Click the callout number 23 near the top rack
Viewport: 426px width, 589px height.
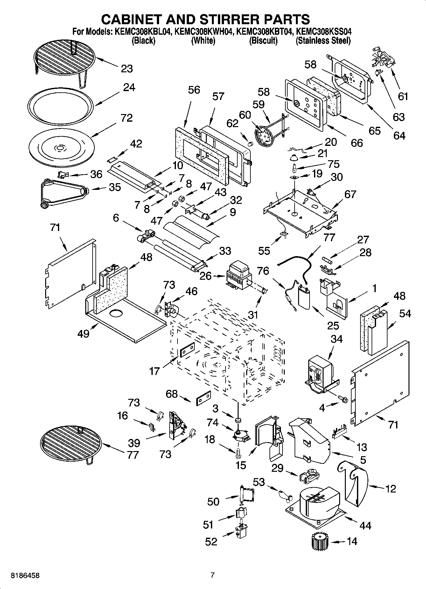coord(127,68)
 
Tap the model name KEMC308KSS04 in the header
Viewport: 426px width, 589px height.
coord(324,32)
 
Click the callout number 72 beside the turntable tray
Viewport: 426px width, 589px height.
coord(126,118)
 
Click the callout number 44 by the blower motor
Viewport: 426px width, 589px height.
coord(365,525)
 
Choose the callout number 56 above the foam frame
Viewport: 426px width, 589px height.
coord(193,90)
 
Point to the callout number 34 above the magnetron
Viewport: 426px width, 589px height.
coord(337,339)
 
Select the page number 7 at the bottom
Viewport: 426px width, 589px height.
coord(213,575)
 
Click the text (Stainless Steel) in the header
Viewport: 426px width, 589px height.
coord(323,41)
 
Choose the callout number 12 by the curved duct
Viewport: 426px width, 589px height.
coord(390,488)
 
